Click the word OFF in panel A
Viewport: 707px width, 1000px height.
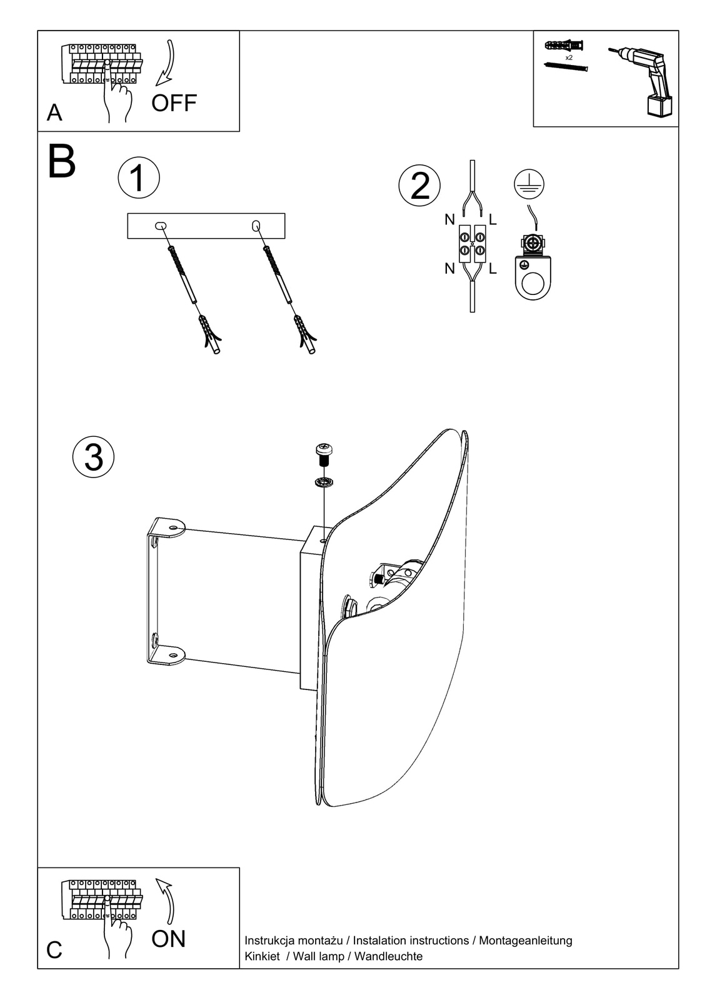point(174,102)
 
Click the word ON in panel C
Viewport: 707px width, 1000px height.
point(168,939)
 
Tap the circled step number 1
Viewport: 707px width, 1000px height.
point(139,177)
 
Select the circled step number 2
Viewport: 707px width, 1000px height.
point(419,186)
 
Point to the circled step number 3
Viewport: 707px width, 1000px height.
point(94,456)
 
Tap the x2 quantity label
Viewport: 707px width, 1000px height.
point(569,57)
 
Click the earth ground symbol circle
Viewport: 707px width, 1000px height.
point(529,184)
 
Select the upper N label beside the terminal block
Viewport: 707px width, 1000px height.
point(449,219)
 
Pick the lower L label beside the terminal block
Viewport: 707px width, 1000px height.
point(493,269)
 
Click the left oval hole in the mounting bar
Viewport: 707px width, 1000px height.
point(161,226)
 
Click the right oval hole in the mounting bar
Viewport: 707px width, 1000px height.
point(256,225)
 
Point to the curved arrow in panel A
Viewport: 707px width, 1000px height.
point(167,63)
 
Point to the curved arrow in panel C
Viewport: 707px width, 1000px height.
point(167,900)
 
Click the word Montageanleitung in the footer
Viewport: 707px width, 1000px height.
point(525,940)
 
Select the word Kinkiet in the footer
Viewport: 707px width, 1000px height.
point(262,956)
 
